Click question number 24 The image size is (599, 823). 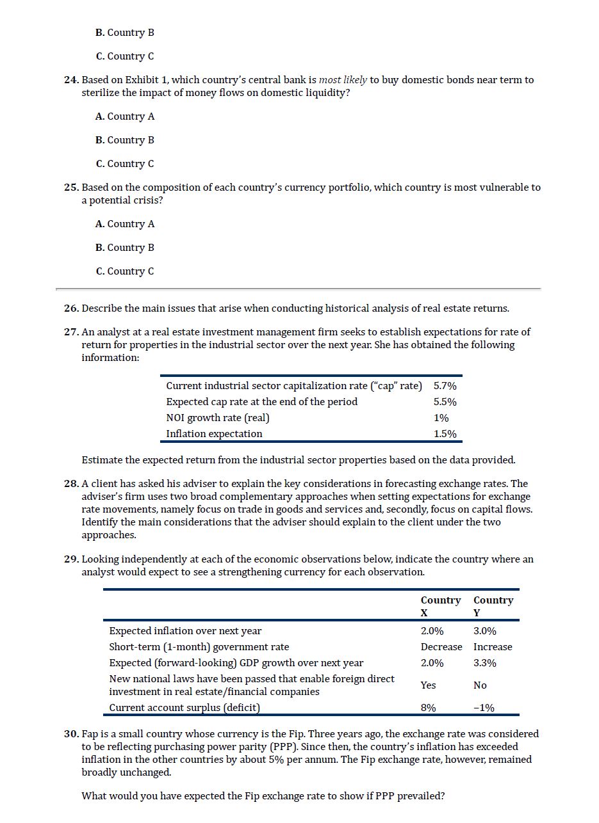71,80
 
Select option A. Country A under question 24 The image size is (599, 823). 125,116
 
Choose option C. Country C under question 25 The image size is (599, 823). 125,271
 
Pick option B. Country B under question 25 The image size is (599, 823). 125,248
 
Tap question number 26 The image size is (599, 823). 71,308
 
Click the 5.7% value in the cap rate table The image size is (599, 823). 445,386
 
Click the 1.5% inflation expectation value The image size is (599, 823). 445,434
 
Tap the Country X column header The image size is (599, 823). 441,606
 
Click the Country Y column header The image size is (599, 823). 493,606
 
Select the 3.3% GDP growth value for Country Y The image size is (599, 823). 485,663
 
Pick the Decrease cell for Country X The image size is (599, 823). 441,647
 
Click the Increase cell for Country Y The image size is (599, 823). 493,647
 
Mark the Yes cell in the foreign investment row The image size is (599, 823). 429,685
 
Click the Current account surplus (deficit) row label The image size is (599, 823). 185,708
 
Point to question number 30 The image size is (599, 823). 71,734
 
